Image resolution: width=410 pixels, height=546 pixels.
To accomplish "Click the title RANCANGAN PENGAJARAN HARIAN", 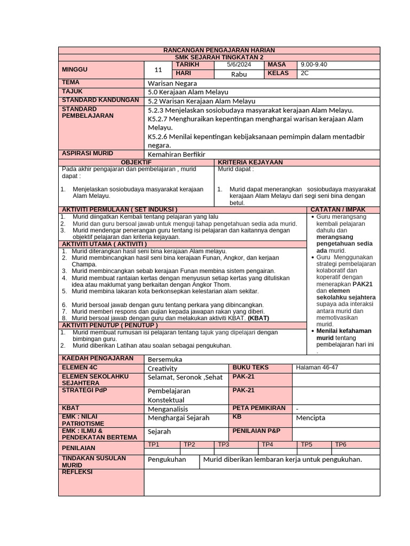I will coord(219,50).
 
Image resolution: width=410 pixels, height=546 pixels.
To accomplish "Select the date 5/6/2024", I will coord(239,65).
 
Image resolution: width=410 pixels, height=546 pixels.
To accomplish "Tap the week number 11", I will coord(158,70).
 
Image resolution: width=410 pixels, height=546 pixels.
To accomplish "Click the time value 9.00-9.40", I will coord(314,65).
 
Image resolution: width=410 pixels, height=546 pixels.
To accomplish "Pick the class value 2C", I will coord(305,74).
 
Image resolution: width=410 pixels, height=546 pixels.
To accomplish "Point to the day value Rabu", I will coord(239,74).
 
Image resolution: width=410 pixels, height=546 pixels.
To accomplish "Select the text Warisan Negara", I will coord(172,83).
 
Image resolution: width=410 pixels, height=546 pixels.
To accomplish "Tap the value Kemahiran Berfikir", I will coord(176,154).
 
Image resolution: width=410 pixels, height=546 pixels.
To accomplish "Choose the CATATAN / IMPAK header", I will coord(338,209).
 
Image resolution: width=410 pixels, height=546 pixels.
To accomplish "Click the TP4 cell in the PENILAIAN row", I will coord(267,444).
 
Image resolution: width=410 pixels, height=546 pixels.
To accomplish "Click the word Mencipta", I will coord(310,417).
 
